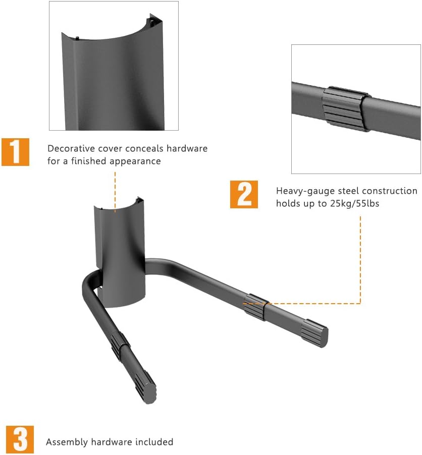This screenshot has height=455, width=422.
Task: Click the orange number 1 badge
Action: coord(15,152)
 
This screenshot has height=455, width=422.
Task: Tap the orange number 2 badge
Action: coord(244,194)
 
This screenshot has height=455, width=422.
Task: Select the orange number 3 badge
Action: coord(20,440)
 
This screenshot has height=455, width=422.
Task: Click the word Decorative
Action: coord(71,149)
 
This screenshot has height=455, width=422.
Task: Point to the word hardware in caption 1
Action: coord(187,149)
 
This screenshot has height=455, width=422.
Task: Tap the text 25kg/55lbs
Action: coord(355,203)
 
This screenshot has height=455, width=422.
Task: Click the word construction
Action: coord(390,191)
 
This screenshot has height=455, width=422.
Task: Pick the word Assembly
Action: coord(67,442)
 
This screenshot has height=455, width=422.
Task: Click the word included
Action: coord(154,442)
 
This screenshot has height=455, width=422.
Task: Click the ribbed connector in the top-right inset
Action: coord(345,108)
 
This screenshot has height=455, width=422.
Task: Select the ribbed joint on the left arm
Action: coord(120,346)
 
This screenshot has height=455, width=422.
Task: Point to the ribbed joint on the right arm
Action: coord(255,307)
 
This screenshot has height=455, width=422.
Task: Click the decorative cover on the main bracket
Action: coord(120,252)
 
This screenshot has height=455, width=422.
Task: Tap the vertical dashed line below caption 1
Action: coord(115,192)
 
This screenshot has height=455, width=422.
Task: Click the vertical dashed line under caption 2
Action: coord(360,260)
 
